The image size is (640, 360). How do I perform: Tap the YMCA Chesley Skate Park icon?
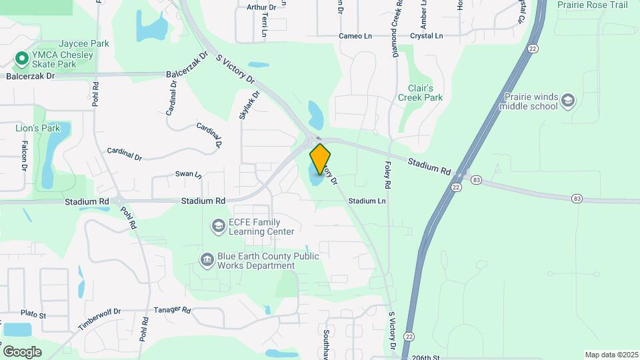21,59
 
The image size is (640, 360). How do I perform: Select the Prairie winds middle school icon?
568,101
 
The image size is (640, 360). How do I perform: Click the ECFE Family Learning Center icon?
218,227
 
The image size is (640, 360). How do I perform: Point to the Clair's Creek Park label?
420,93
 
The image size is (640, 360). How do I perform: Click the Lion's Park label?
38,128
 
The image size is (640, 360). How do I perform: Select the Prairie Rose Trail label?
593,5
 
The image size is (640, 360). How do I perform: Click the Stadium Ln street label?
367,201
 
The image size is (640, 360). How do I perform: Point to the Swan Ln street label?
188,174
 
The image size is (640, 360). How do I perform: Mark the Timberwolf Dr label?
99,319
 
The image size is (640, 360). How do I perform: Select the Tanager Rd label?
172,310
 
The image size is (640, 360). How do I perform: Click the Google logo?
22,351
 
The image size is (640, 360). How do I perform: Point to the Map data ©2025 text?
611,355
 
